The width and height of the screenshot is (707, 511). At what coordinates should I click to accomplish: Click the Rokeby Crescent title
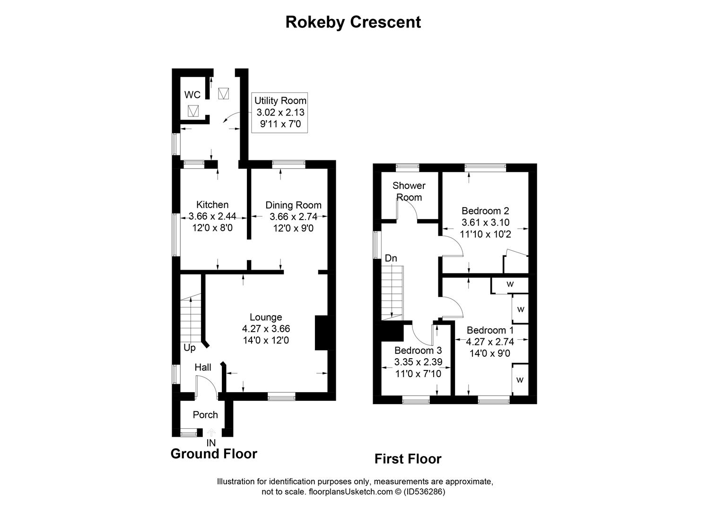pos(353,22)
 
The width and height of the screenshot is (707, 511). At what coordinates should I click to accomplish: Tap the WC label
pos(192,95)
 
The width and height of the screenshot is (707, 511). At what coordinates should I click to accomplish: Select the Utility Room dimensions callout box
pos(279,113)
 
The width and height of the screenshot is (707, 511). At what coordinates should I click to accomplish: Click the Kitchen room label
pos(212,205)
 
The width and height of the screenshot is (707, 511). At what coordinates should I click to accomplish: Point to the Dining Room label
pos(294,205)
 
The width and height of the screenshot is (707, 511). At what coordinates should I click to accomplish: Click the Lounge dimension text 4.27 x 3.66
pos(266,329)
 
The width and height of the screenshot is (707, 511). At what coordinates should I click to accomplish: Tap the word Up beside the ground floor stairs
pos(189,348)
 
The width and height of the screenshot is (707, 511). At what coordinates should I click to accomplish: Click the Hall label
pos(202,367)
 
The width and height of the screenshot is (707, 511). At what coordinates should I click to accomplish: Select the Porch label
pos(205,414)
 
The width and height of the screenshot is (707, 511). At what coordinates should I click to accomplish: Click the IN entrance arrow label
pos(211,443)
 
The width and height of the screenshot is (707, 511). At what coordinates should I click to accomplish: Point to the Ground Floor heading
pos(214,454)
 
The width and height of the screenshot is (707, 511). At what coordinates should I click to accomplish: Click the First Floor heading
pos(408,459)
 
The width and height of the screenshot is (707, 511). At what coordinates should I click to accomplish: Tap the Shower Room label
pos(409,191)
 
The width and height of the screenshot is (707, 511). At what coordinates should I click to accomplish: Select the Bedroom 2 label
pos(485,211)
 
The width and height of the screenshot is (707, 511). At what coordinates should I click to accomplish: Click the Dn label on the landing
pos(391,258)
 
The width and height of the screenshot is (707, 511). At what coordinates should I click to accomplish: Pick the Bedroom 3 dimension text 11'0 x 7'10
pos(418,374)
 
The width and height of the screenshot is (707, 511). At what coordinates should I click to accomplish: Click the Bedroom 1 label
pos(490,330)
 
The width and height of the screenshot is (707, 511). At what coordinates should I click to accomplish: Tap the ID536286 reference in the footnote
pos(425,492)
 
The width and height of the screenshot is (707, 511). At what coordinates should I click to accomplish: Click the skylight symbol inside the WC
pos(193,111)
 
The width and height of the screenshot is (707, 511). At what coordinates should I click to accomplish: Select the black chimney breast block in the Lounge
pos(321,333)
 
